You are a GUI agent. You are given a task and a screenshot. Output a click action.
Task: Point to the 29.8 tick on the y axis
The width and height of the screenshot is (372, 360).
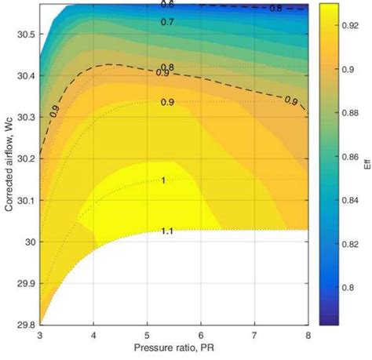[x=24, y=324]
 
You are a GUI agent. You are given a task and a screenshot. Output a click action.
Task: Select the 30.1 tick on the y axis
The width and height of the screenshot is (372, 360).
[x=24, y=200]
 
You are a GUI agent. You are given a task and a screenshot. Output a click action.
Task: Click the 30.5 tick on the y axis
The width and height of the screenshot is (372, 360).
[x=24, y=35]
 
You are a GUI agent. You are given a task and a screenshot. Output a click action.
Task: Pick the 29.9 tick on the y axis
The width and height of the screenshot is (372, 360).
[x=24, y=282]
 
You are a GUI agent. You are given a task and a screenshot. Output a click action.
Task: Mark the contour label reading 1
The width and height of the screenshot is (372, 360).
[x=163, y=180]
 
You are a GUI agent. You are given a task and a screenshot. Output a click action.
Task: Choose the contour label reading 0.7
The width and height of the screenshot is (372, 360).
[x=167, y=22]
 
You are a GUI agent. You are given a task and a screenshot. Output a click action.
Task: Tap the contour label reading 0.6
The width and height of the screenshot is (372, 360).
[x=167, y=5]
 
